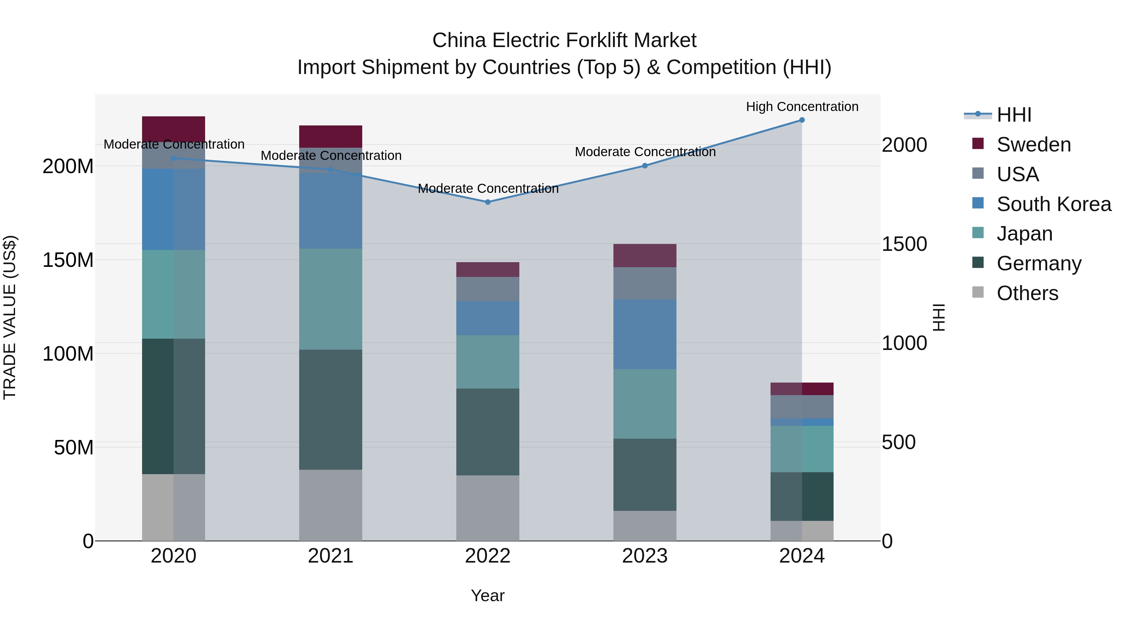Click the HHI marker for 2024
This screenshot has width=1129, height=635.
click(802, 120)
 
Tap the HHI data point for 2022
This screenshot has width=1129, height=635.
click(488, 202)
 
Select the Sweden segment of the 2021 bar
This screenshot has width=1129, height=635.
click(331, 136)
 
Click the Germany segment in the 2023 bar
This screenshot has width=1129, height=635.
click(645, 475)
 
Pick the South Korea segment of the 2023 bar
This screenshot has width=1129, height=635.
click(645, 334)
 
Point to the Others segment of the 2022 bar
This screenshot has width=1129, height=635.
click(488, 508)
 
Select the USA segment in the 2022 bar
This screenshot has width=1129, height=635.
click(488, 289)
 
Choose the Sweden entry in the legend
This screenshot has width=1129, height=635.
click(1033, 145)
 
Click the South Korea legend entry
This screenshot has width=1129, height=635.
click(1054, 204)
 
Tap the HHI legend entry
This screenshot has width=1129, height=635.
click(1014, 115)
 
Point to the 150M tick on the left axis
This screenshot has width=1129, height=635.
click(68, 260)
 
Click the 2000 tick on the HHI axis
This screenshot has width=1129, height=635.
click(904, 145)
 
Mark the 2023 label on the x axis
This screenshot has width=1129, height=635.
click(645, 556)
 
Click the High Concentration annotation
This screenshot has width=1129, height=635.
click(802, 107)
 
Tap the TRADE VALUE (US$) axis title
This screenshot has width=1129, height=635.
click(10, 317)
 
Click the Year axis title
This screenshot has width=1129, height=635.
click(487, 595)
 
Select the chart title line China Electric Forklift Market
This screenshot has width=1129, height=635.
click(564, 40)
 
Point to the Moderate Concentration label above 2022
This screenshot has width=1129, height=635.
click(488, 188)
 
